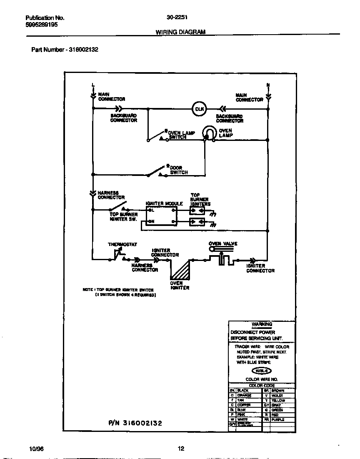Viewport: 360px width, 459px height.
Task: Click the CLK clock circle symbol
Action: [199, 109]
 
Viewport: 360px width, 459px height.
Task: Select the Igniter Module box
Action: [162, 216]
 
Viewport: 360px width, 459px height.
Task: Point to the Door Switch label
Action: [179, 170]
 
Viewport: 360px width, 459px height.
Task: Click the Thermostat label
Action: [122, 245]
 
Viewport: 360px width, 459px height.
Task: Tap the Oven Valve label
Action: [223, 243]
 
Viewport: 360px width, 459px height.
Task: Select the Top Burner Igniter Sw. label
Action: [123, 217]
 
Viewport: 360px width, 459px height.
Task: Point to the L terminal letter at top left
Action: [93, 85]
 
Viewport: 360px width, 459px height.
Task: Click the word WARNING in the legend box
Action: [262, 324]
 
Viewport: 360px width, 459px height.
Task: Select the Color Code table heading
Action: [261, 386]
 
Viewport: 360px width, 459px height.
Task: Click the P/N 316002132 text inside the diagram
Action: [135, 423]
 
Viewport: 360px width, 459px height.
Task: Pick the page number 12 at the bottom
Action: [180, 449]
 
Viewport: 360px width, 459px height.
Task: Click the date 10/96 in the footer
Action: [37, 449]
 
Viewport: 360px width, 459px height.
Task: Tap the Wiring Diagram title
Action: [180, 32]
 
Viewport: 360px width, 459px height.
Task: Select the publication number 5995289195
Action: [42, 25]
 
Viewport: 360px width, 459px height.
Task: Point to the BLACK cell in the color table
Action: [243, 391]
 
